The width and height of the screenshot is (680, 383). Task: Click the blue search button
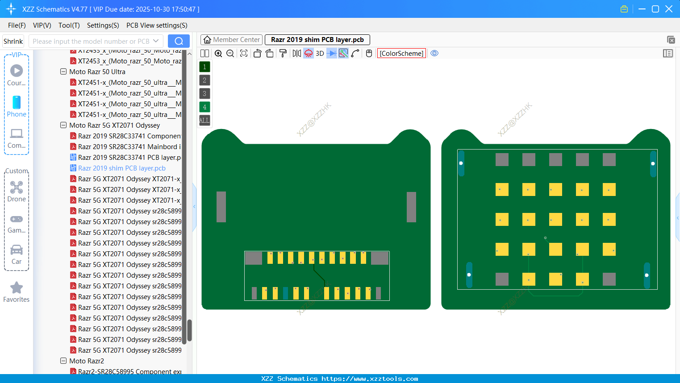(x=179, y=41)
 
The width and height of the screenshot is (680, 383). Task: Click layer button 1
(x=204, y=67)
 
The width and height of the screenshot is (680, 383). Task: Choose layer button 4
(x=204, y=107)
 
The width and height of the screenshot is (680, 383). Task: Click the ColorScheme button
(x=401, y=53)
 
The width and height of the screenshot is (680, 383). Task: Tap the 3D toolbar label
(x=320, y=53)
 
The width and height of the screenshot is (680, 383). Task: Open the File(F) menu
(x=17, y=25)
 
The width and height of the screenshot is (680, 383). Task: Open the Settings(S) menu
(x=103, y=25)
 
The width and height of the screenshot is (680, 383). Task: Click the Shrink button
(x=13, y=41)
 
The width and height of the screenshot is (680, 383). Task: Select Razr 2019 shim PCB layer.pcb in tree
(x=121, y=168)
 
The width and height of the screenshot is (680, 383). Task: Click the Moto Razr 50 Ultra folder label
(x=97, y=72)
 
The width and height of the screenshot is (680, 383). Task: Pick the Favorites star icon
(x=17, y=288)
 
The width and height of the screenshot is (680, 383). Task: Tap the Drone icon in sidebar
(x=17, y=187)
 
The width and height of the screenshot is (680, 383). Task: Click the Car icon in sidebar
(x=17, y=250)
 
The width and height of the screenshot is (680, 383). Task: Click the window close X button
(x=669, y=9)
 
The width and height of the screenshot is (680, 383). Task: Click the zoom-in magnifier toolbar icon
(x=218, y=53)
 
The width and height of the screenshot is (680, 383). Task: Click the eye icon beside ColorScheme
(x=434, y=53)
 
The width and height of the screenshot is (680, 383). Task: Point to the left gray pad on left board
(x=221, y=207)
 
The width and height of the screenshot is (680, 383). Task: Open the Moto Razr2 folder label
(x=87, y=361)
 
